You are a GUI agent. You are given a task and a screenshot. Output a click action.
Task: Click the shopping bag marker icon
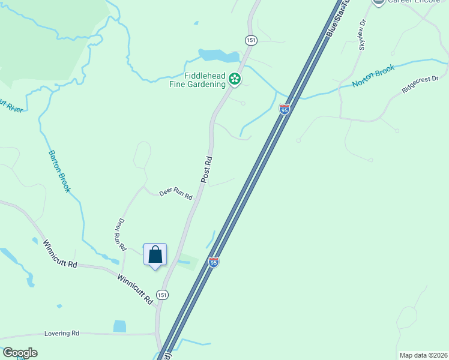pyautogui.click(x=155, y=254)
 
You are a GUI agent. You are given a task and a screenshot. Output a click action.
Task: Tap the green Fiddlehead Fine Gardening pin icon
pyautogui.click(x=236, y=79)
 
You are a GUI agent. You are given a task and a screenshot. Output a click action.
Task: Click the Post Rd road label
pyautogui.click(x=207, y=170)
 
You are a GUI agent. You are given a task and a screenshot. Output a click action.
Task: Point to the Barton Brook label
pyautogui.click(x=59, y=171)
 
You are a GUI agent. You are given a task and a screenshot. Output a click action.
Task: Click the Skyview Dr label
pyautogui.click(x=362, y=37)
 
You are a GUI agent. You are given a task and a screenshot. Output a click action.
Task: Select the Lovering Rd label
pyautogui.click(x=62, y=333)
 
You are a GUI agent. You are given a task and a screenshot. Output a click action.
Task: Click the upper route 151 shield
pyautogui.click(x=251, y=40)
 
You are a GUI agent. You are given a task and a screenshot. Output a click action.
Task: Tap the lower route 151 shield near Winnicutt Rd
pyautogui.click(x=162, y=295)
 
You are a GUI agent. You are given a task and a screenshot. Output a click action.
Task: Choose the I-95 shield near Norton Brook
pyautogui.click(x=285, y=109)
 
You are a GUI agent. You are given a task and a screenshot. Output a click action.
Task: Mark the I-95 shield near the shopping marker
pyautogui.click(x=213, y=262)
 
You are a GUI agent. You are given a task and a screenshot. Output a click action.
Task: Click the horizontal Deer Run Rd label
pyautogui.click(x=175, y=194)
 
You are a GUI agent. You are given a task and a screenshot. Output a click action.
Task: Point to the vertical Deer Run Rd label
pyautogui.click(x=120, y=234)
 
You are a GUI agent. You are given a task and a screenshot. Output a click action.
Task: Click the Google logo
pyautogui.click(x=19, y=353)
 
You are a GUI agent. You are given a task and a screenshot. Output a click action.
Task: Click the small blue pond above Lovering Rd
pyautogui.click(x=119, y=326)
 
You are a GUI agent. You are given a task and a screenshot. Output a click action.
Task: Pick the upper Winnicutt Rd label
pyautogui.click(x=60, y=254)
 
